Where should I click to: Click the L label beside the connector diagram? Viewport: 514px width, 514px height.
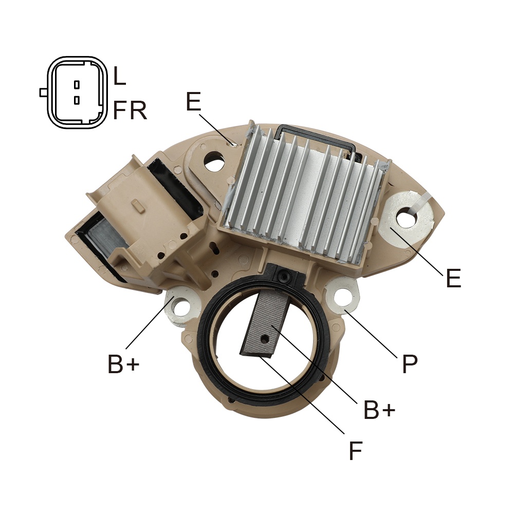coord(120,76)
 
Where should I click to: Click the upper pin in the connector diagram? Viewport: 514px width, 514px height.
coord(77,85)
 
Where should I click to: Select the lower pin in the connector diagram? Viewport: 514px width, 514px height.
coord(77,100)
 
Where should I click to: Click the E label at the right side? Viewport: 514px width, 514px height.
coord(454,278)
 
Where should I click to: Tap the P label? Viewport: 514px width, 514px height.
coord(410,364)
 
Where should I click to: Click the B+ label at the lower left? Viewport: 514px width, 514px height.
coord(123,364)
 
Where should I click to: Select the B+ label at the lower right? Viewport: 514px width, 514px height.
coord(379,409)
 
